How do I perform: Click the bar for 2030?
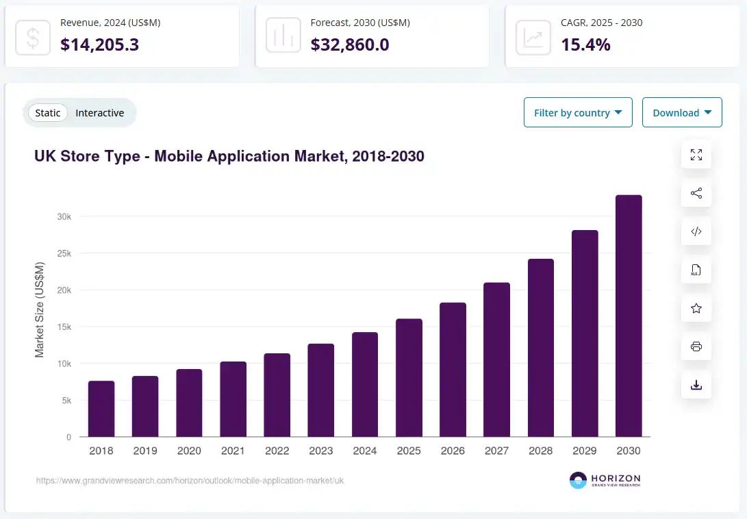[629, 316]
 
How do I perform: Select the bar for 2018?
[101, 409]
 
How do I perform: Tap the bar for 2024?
[365, 384]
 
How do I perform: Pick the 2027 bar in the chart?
[496, 359]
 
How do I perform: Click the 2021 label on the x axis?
[233, 451]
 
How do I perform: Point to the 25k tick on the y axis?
[64, 253]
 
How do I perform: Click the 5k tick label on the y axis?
[65, 401]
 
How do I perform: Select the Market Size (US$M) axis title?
[40, 309]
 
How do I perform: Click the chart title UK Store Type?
[229, 156]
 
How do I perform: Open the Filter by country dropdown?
[578, 112]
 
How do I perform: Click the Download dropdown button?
[682, 112]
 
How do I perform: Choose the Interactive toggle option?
[100, 113]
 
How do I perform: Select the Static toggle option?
[48, 113]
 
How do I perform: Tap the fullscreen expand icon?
[696, 155]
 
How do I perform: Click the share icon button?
[696, 193]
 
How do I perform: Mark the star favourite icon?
[696, 308]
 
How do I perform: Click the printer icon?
[696, 346]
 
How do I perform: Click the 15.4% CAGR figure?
[585, 45]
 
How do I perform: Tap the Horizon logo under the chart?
[605, 480]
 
